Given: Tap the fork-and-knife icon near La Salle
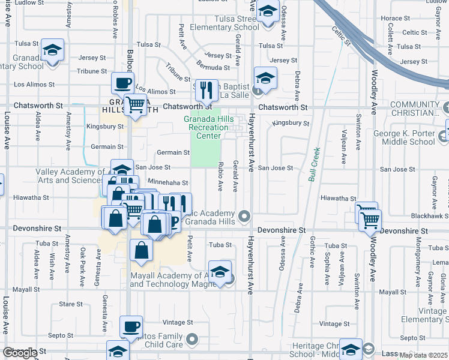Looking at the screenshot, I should click(x=206, y=91).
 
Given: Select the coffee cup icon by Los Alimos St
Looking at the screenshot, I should click(x=123, y=83).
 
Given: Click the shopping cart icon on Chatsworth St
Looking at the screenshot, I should click(x=136, y=104).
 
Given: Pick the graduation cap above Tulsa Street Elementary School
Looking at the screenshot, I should click(x=268, y=12).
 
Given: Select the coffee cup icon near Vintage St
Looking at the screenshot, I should click(x=131, y=327).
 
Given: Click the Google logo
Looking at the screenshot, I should click(x=20, y=353).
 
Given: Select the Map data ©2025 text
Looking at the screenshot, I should click(x=424, y=355).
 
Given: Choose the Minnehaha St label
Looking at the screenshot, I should click(x=167, y=182).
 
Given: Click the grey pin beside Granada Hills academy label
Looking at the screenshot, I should click(x=244, y=215).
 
